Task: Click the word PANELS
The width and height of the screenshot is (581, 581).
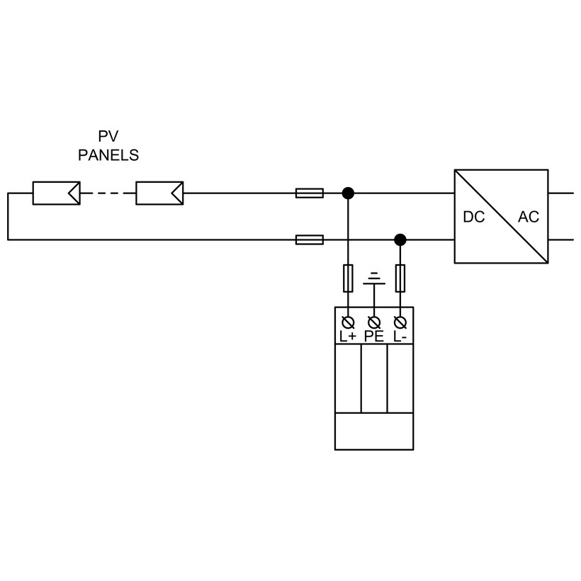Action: pyautogui.click(x=108, y=155)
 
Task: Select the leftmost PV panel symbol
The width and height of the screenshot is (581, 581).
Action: pyautogui.click(x=56, y=193)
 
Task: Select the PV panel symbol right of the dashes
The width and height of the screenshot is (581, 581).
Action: pyautogui.click(x=159, y=193)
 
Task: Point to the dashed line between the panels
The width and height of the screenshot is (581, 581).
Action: pyautogui.click(x=108, y=193)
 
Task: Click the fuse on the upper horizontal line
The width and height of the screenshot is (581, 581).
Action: pyautogui.click(x=310, y=193)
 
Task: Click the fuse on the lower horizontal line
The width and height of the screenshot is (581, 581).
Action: pyautogui.click(x=310, y=239)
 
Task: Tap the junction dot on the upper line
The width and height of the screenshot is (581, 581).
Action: pyautogui.click(x=348, y=193)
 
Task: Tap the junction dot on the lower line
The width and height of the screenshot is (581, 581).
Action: pyautogui.click(x=400, y=239)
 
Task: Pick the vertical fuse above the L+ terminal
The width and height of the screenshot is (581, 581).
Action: pyautogui.click(x=348, y=278)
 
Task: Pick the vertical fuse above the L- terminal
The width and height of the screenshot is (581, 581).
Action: pyautogui.click(x=400, y=278)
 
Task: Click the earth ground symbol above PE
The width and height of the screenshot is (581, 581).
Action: pyautogui.click(x=374, y=278)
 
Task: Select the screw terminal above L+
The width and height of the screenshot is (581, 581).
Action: pyautogui.click(x=348, y=322)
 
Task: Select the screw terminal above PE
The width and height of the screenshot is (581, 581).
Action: pyautogui.click(x=374, y=322)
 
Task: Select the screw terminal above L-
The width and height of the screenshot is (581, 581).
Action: pyautogui.click(x=400, y=322)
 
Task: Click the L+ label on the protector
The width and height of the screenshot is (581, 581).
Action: pyautogui.click(x=348, y=337)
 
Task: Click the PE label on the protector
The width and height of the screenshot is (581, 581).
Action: pyautogui.click(x=374, y=337)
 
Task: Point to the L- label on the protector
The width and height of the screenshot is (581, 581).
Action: pyautogui.click(x=400, y=337)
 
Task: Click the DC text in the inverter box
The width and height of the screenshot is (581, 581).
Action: pyautogui.click(x=474, y=218)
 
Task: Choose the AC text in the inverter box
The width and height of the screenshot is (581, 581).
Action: pyautogui.click(x=529, y=218)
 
